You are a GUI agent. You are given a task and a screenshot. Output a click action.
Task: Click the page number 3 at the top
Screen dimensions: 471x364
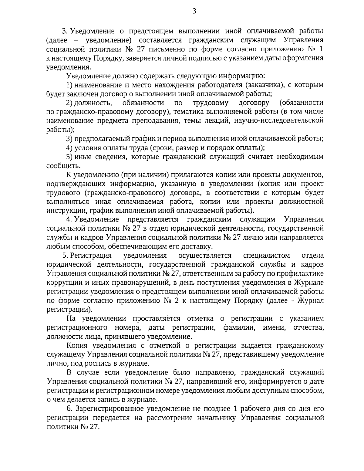[194, 12]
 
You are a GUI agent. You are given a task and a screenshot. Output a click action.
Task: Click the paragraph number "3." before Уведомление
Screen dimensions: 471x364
[64, 31]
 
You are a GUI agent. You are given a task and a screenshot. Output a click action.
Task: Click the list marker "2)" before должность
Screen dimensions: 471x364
[69, 103]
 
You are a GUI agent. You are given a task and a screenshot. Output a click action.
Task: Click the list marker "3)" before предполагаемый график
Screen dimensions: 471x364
[69, 139]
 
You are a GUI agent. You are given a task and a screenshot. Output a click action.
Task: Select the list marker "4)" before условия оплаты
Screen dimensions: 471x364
[69, 148]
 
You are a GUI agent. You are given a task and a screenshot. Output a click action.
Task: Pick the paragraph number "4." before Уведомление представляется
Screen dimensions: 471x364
[69, 219]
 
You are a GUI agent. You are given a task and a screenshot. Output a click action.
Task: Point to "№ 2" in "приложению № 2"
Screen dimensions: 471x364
[171, 300]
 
